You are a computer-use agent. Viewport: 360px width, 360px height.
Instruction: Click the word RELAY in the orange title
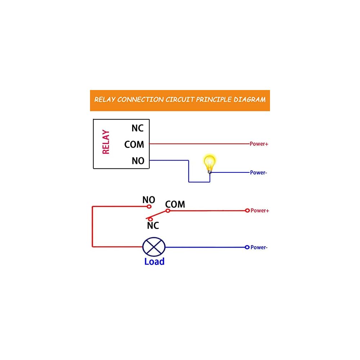pos(105,99)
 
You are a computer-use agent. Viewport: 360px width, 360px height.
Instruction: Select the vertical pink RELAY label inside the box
pos(106,142)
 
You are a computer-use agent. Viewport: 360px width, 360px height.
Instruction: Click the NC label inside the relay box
pos(138,129)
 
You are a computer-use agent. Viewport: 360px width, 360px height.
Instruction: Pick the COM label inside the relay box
pos(134,144)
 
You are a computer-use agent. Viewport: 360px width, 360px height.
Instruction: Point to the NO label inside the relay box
pos(138,161)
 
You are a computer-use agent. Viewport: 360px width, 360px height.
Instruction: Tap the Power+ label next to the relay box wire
pos(259,144)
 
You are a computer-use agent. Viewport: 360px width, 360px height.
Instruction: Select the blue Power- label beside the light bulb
pos(258,172)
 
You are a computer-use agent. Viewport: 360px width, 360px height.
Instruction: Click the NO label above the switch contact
pos(149,200)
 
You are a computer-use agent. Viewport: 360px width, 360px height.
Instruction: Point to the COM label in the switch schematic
pos(175,204)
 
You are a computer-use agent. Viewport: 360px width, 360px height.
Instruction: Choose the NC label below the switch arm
pos(153,225)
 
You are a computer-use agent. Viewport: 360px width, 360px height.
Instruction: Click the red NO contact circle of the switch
pos(149,207)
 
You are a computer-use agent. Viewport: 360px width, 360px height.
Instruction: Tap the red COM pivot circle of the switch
pos(168,211)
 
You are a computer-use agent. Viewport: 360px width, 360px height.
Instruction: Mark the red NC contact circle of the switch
pos(150,220)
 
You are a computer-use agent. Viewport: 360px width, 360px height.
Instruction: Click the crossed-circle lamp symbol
pos(154,247)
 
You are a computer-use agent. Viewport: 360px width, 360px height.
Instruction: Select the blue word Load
pos(154,261)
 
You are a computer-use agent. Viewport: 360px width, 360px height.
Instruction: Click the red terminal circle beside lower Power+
pos(247,211)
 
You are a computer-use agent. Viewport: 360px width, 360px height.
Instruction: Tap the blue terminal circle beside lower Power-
pos(247,247)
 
